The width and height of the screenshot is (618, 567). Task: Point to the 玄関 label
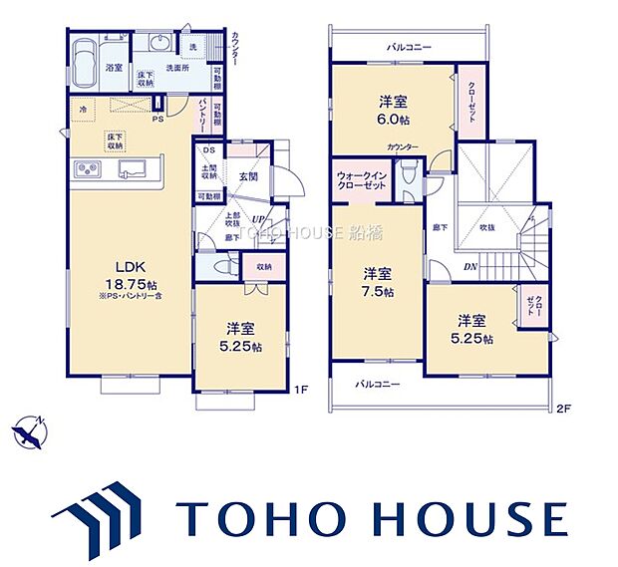[x=248, y=176]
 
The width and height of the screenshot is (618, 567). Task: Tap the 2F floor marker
[x=561, y=407]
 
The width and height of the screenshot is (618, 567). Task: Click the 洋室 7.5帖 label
[x=378, y=282]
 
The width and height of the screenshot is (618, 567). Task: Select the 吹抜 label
[x=487, y=227]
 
